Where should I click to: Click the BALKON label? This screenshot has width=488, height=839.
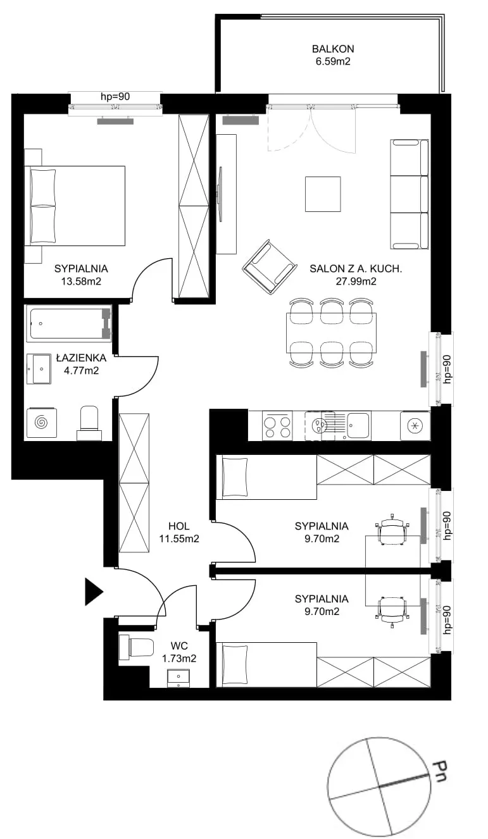pos(333,49)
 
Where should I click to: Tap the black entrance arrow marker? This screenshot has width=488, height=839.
pos(93,592)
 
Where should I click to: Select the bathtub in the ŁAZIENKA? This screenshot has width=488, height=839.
pos(69,323)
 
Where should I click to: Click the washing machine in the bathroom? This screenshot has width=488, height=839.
pos(42,423)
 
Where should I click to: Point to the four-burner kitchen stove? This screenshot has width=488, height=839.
pos(277,426)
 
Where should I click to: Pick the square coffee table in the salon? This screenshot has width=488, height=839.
pos(323,194)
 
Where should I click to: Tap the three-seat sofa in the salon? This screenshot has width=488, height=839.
pos(410,194)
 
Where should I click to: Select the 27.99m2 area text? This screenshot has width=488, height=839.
pos(356,281)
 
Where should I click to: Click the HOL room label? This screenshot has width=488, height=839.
pos(178,526)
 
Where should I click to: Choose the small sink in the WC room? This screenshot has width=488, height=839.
pos(178,679)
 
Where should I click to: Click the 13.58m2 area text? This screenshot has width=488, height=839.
pos(81,281)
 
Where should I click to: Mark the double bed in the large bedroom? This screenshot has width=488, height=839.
pos(75,206)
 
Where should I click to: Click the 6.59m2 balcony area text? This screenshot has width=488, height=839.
pos(333,61)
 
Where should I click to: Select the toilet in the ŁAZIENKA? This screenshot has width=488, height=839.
pos(89,423)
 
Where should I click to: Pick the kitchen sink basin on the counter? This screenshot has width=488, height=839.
pos(358,425)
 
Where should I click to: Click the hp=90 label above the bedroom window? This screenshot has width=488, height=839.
pos(115,97)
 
